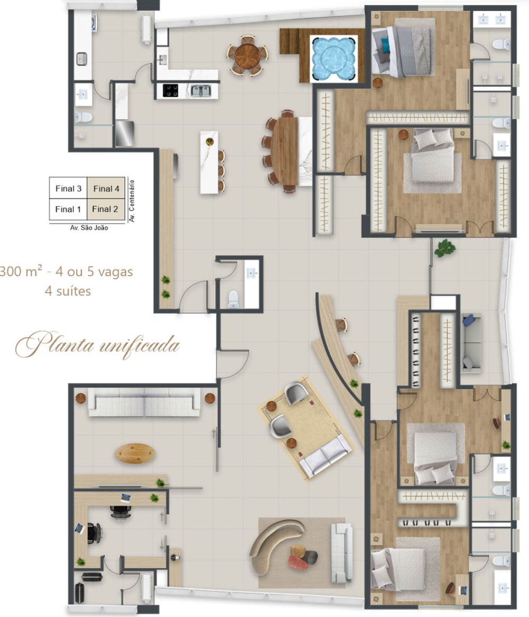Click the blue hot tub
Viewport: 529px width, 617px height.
pos(334,59)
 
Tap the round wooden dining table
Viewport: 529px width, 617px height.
pos(247,56)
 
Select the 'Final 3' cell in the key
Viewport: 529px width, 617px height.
pos(68,188)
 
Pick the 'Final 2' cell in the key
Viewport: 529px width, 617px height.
pos(105,209)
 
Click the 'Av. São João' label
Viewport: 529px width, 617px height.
pos(89,228)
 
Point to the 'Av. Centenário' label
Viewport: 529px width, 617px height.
pos(132,201)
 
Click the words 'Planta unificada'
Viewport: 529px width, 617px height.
pos(97,345)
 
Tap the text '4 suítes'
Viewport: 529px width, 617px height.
pos(68,291)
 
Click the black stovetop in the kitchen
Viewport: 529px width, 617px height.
pos(170,90)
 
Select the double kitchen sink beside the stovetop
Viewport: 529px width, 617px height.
pos(200,91)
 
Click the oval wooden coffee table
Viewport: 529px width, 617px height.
pos(135,453)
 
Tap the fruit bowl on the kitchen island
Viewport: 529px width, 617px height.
pos(209,141)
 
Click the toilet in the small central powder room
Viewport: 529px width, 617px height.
pos(233,300)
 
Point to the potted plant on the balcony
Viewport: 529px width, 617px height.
pos(445,248)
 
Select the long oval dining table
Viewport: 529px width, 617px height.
pos(285,151)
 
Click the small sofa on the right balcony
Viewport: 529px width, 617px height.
pos(471,343)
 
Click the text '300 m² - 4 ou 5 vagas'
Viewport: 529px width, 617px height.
pos(66,271)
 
